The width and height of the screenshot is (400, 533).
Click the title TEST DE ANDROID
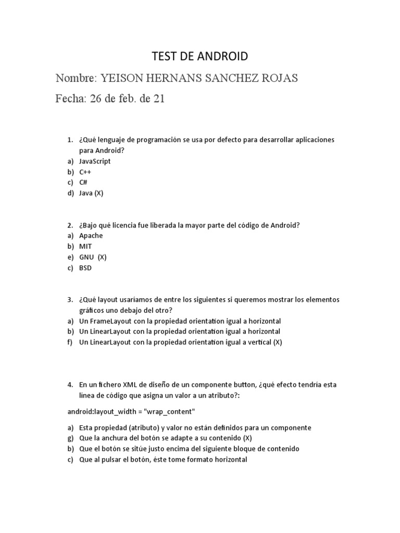coord(199,56)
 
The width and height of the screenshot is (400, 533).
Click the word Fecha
coord(70,99)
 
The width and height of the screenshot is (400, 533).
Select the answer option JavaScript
coord(95,161)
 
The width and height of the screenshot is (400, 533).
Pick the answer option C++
coord(85,172)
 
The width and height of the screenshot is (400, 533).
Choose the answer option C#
coord(83,182)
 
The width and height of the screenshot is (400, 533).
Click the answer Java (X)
coord(91,193)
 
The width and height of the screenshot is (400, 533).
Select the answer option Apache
coord(91,235)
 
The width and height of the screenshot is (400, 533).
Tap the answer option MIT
coord(85,246)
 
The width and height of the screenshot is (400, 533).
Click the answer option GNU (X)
coord(93,257)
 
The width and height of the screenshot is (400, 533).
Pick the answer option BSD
coord(85,268)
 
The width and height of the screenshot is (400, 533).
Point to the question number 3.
coord(70,300)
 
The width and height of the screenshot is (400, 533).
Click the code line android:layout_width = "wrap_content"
coord(131,412)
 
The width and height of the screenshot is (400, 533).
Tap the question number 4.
coord(70,385)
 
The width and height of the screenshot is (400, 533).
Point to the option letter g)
coord(70,438)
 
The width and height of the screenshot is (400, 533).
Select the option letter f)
coord(70,342)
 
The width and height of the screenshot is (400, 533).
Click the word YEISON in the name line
coord(122,78)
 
